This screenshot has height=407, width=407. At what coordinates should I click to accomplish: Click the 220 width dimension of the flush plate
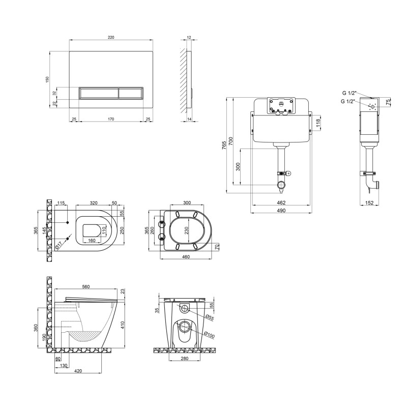(111, 37)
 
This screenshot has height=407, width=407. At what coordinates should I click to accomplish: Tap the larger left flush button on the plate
(99, 93)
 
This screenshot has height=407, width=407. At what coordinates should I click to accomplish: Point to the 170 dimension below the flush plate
(111, 119)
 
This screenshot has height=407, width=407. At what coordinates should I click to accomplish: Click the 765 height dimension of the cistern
(224, 146)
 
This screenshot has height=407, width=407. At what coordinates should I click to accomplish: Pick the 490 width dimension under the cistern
(281, 210)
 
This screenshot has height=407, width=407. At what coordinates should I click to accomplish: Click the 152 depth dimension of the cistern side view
(369, 202)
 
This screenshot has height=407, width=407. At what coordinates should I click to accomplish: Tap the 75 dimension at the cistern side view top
(388, 102)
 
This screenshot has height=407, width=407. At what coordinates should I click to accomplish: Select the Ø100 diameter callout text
(209, 335)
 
